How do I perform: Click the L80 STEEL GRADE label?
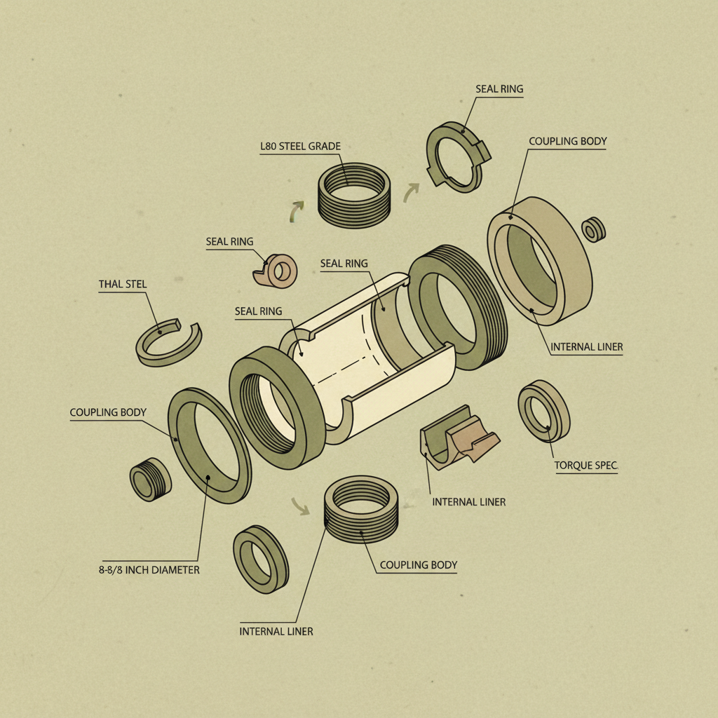click(x=300, y=147)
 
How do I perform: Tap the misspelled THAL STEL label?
click(x=123, y=284)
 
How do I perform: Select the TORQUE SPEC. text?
click(x=586, y=466)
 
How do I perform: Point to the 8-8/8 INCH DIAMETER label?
click(x=149, y=570)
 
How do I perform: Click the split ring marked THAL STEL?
click(x=168, y=343)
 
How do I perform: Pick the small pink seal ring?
click(x=276, y=271)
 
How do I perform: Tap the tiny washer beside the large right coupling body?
click(x=594, y=229)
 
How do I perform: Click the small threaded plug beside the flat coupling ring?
click(x=150, y=480)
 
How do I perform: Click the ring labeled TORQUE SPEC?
click(x=543, y=411)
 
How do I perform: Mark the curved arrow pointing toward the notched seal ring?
click(x=412, y=192)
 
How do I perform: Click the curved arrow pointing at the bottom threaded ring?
click(x=301, y=506)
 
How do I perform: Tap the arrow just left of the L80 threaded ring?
click(x=297, y=211)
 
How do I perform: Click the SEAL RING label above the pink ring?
click(x=229, y=242)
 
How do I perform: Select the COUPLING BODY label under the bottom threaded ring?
click(x=418, y=565)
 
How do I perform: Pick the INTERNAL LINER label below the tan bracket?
click(x=468, y=502)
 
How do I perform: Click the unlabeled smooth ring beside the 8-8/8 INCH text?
click(x=261, y=559)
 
